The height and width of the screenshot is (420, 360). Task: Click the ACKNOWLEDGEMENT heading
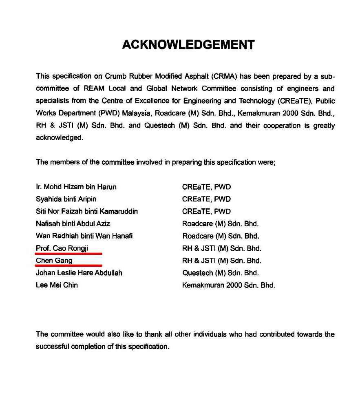click(188, 44)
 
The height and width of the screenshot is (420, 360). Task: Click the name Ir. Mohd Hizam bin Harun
click(76, 187)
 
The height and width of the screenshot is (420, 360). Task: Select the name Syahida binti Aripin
click(66, 199)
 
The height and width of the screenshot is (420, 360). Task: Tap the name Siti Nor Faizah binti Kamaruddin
click(87, 212)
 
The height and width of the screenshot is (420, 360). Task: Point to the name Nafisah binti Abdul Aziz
click(73, 224)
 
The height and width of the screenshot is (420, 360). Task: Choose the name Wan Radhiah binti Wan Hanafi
click(84, 236)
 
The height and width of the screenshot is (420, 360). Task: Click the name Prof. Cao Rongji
click(62, 248)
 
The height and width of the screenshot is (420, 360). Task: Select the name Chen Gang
click(54, 261)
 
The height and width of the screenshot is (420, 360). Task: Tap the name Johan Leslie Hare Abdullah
click(79, 273)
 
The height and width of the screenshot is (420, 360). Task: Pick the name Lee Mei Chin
click(57, 285)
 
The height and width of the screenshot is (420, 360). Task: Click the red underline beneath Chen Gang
click(68, 265)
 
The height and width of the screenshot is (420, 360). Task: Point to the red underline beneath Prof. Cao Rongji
click(68, 253)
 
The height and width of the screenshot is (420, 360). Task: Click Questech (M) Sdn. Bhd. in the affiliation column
click(221, 273)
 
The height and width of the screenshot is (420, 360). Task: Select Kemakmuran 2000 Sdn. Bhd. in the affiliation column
click(229, 285)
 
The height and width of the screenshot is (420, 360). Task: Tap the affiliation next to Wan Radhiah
click(221, 236)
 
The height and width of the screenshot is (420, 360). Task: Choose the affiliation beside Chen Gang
click(222, 261)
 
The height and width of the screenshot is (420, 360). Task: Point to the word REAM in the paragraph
click(94, 88)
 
